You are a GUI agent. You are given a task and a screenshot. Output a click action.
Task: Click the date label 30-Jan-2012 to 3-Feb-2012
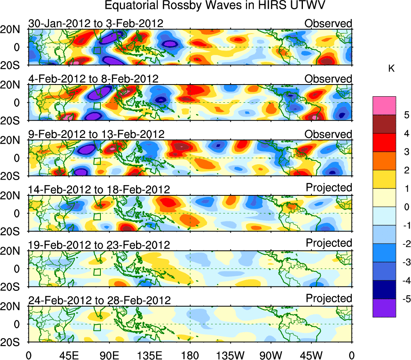(x=96, y=23)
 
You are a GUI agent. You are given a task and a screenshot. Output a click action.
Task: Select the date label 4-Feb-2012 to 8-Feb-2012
(x=93, y=79)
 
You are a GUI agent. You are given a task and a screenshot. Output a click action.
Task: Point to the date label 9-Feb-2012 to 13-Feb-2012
(x=96, y=134)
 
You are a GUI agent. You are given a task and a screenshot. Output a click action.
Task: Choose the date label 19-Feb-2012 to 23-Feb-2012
(x=99, y=245)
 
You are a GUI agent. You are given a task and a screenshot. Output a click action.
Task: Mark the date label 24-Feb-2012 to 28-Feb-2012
(x=99, y=301)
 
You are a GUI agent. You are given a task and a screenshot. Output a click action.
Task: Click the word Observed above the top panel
(x=328, y=23)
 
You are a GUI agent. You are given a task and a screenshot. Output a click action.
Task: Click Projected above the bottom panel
(x=329, y=299)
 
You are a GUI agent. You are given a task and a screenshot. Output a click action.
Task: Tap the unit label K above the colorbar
(x=391, y=69)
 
